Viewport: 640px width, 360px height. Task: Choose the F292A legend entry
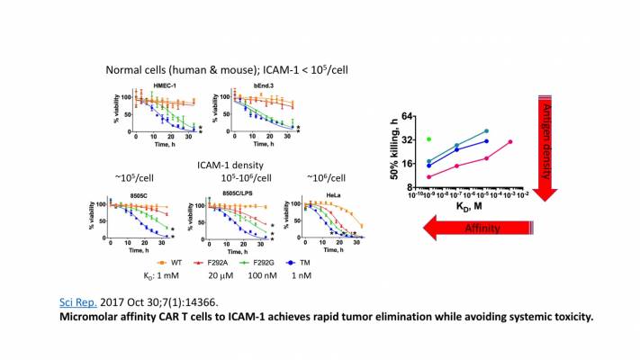211,263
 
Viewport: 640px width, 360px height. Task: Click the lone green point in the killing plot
429,139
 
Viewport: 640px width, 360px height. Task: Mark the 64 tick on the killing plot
406,117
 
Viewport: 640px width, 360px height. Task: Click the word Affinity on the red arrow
482,230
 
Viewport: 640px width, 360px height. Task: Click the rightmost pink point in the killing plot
509,141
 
